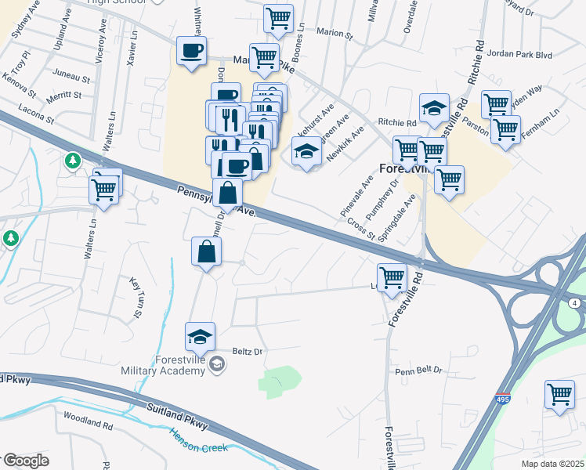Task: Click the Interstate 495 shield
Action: (503, 399)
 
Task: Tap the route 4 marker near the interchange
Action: (575, 302)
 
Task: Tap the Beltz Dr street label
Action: (247, 352)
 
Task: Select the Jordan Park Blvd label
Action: (519, 55)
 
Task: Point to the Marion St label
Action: (336, 32)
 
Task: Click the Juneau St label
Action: (73, 78)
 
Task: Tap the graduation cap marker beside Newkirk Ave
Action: (306, 150)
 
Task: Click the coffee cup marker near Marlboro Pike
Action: (191, 51)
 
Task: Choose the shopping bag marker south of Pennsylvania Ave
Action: (206, 251)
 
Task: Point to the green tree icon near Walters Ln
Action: (73, 161)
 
